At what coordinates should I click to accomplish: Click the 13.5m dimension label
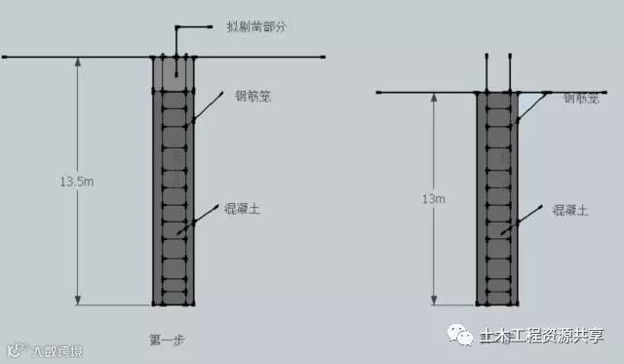click(77, 182)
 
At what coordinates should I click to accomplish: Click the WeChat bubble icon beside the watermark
click(458, 336)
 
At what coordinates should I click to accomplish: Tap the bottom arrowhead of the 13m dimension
click(434, 300)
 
